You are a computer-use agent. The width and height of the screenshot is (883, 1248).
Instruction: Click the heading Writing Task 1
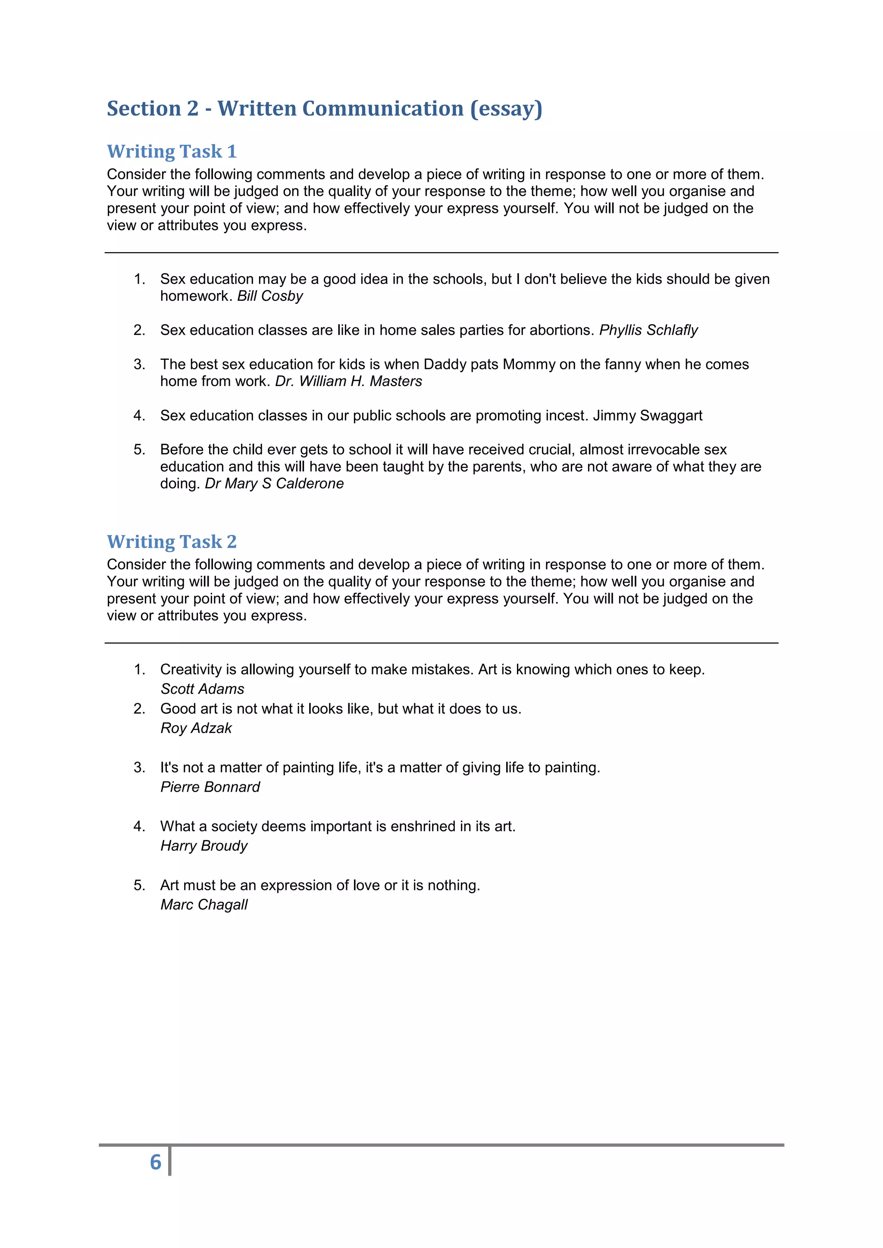(172, 151)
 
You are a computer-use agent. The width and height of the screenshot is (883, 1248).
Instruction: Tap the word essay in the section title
(506, 109)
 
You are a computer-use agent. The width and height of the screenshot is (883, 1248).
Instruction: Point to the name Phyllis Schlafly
(648, 330)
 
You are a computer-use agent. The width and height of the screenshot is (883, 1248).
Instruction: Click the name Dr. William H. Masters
(348, 381)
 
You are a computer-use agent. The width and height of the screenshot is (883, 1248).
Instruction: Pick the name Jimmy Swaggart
(647, 416)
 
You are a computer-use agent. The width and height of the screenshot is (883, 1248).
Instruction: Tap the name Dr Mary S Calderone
(274, 484)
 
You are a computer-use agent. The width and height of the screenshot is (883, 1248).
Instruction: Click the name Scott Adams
(202, 689)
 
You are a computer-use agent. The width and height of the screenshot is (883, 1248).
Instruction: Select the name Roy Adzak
(196, 728)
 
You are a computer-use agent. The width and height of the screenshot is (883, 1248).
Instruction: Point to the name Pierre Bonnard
(210, 787)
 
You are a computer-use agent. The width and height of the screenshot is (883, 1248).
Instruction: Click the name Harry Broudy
(204, 846)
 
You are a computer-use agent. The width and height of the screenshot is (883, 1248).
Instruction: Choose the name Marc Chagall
(204, 905)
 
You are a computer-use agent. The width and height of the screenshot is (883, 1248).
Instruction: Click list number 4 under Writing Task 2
(139, 827)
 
